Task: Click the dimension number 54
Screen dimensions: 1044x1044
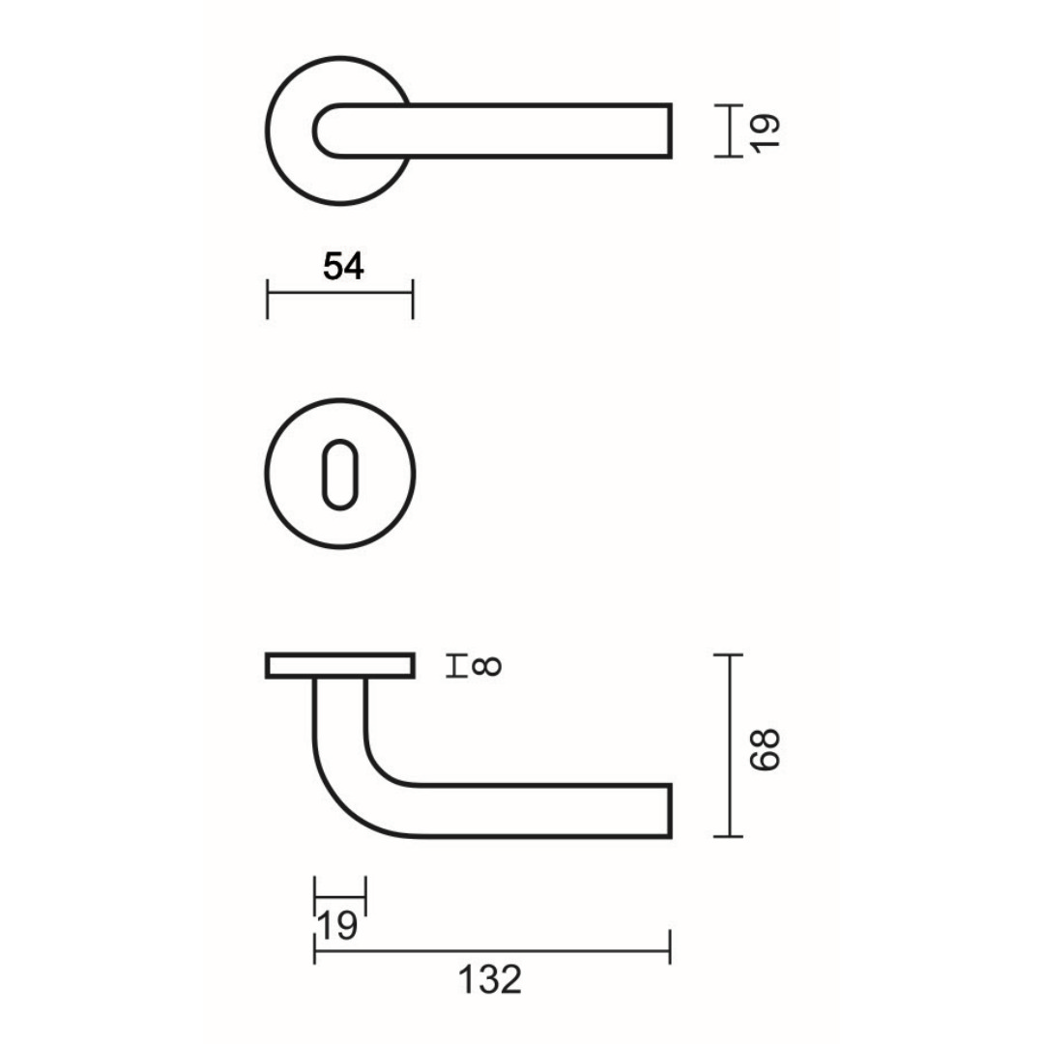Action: coord(343,266)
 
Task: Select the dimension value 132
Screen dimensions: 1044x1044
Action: coord(489,979)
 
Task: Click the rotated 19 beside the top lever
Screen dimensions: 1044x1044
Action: coord(764,130)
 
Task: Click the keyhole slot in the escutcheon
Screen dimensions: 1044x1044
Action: coord(339,474)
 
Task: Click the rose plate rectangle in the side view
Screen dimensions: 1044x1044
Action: coord(340,666)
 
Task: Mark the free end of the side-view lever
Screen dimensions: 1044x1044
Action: coord(668,811)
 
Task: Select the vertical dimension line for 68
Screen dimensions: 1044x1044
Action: coord(728,745)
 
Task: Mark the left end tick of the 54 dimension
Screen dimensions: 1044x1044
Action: coord(267,300)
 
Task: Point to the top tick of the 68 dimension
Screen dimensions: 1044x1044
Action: coord(728,655)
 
